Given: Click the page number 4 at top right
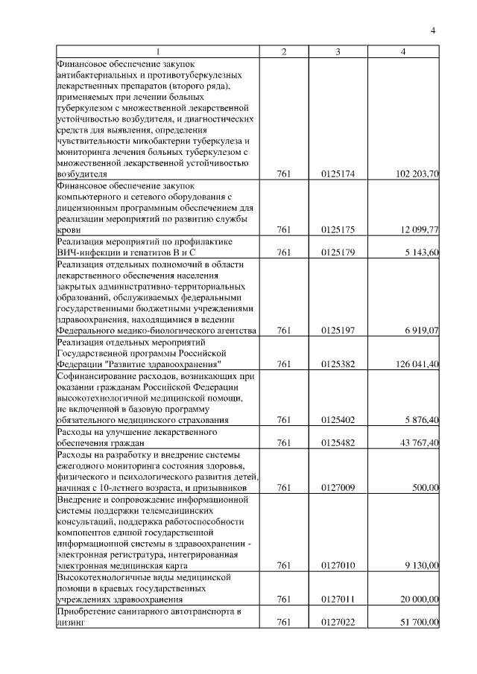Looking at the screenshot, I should click(x=433, y=30).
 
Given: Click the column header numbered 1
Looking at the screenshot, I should click(x=157, y=51).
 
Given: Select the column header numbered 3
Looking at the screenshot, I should click(x=338, y=51).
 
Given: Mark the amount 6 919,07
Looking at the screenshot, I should click(x=422, y=330).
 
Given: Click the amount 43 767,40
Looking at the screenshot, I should click(x=420, y=443).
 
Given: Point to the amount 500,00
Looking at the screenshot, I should click(x=426, y=487).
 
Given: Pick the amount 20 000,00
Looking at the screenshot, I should click(x=420, y=600).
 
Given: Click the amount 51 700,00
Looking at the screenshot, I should click(x=420, y=623).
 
